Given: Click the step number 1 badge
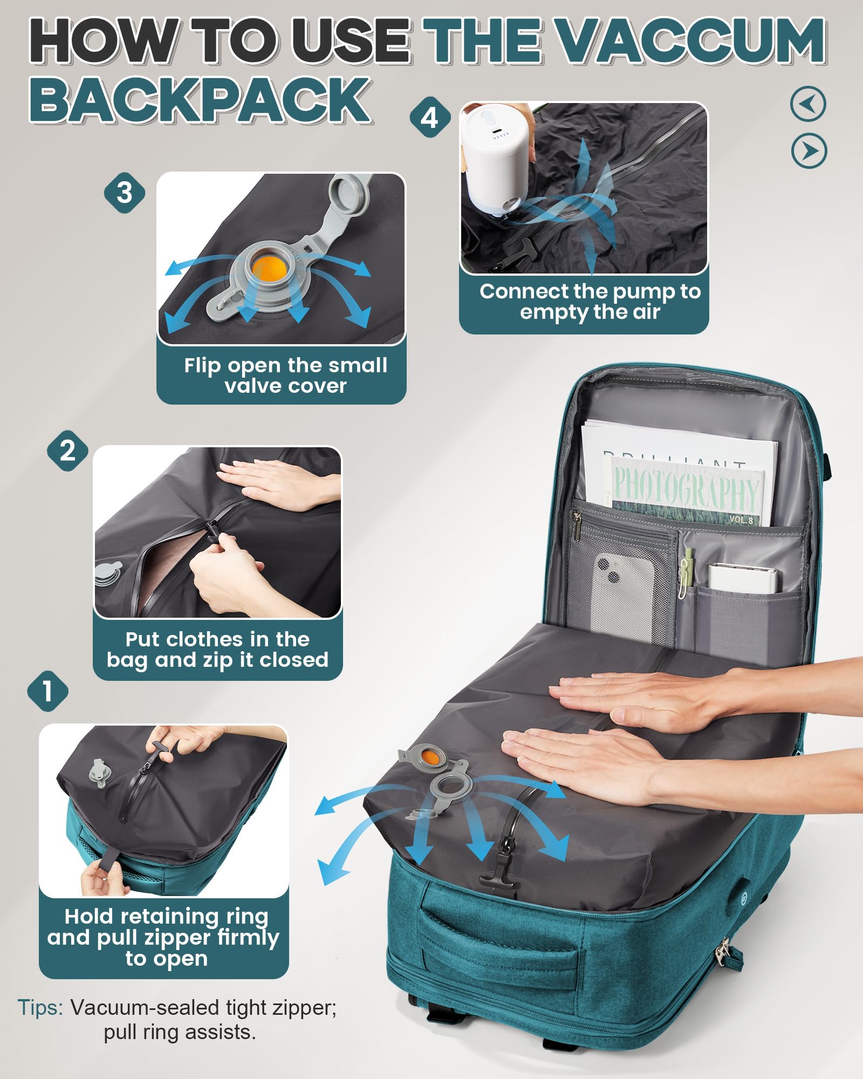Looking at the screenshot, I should pos(48,691).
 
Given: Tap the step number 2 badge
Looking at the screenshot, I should pos(67,450).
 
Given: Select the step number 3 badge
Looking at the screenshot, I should pos(125,193).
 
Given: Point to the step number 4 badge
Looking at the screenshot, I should pos(430,117).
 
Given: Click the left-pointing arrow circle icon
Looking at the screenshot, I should pos(808,104).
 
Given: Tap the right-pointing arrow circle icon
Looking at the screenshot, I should pos(809,151).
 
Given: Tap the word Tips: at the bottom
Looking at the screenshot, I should pos(40,1007).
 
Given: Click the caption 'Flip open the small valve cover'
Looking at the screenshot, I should pos(285,375).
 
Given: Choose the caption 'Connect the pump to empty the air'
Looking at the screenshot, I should pos(590,302).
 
